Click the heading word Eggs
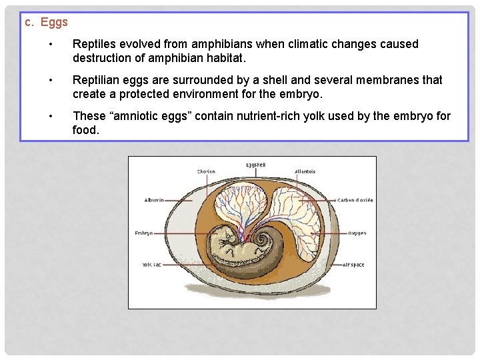point(54,22)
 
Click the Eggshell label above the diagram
point(255,164)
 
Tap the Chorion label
point(206,171)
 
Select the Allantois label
point(306,171)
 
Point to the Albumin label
point(154,199)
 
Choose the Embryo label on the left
point(144,233)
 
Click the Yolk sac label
point(153,265)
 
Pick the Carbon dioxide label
point(355,199)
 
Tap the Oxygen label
point(357,233)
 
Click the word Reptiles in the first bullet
point(94,44)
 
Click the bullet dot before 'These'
point(51,116)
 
